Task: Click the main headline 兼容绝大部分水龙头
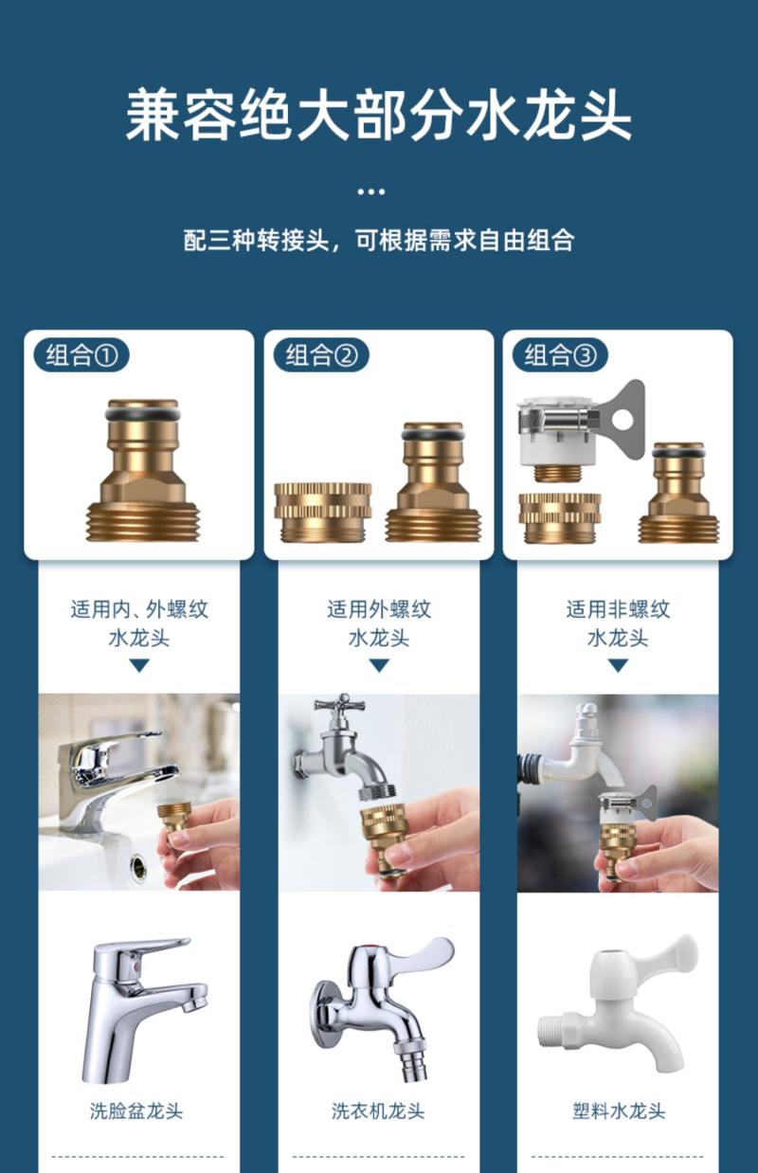pyautogui.click(x=378, y=116)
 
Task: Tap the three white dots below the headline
pyautogui.click(x=370, y=191)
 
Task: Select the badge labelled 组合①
pyautogui.click(x=81, y=355)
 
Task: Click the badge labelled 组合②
pyautogui.click(x=321, y=355)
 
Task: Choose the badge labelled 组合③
pyautogui.click(x=560, y=355)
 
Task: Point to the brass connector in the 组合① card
pyautogui.click(x=142, y=470)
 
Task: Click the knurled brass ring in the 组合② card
pyautogui.click(x=323, y=512)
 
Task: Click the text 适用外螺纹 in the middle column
pyautogui.click(x=379, y=609)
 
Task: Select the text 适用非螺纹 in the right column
pyautogui.click(x=618, y=609)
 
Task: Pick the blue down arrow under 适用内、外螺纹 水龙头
pyautogui.click(x=139, y=665)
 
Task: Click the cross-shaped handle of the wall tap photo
pyautogui.click(x=343, y=706)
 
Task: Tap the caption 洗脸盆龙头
pyautogui.click(x=136, y=1110)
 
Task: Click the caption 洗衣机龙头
pyautogui.click(x=378, y=1110)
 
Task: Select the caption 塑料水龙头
pyautogui.click(x=619, y=1110)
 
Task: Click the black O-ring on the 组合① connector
pyautogui.click(x=142, y=415)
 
